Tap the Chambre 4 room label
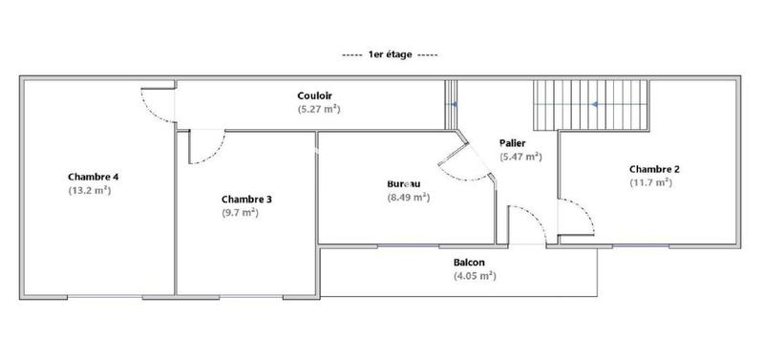93,177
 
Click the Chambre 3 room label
246,199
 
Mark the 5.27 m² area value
319,109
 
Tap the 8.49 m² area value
408,198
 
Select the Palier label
513,142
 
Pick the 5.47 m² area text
520,156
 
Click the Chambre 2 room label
654,169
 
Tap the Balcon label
468,263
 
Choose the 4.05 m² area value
475,276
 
